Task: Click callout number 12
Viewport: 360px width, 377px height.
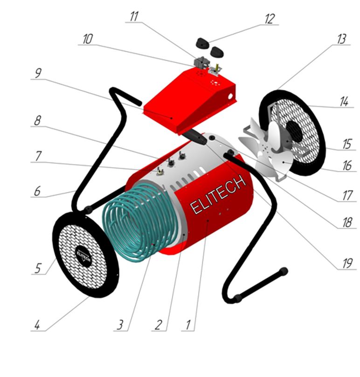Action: click(270, 19)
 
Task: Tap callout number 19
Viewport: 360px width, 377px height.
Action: click(347, 263)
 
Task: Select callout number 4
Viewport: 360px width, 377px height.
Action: click(37, 325)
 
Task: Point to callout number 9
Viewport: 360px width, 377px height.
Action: click(38, 73)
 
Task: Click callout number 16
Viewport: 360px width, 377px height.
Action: click(347, 165)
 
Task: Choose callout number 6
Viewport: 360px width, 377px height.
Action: click(37, 191)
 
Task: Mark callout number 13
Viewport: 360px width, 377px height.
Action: click(341, 39)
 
